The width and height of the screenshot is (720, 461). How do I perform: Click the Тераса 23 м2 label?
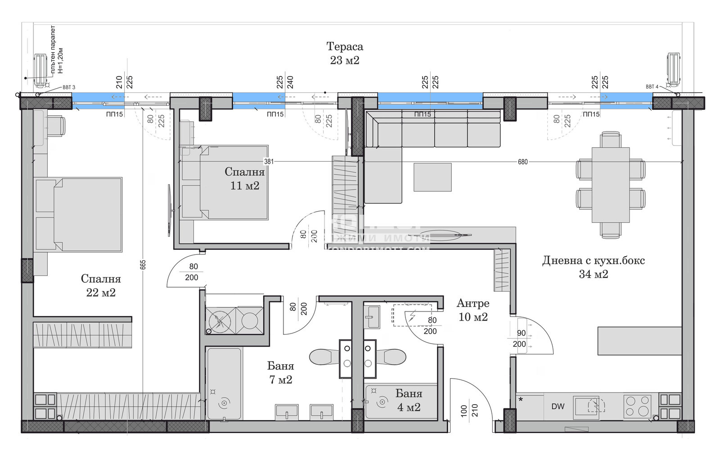pyautogui.click(x=345, y=53)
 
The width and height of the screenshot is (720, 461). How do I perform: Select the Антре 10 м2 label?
pyautogui.click(x=473, y=310)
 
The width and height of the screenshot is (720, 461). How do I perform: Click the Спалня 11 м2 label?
pyautogui.click(x=244, y=178)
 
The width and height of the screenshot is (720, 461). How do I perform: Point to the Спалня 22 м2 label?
pyautogui.click(x=101, y=285)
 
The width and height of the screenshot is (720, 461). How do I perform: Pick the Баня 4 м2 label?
pyautogui.click(x=409, y=400)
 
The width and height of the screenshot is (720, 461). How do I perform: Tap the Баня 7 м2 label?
pyautogui.click(x=281, y=373)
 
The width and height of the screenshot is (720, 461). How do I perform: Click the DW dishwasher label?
pyautogui.click(x=558, y=407)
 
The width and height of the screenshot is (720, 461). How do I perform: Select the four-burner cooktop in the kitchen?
pyautogui.click(x=637, y=406)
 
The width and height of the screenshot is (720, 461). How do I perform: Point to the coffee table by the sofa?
pyautogui.click(x=432, y=177)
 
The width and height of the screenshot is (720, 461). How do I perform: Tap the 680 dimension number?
pyautogui.click(x=522, y=162)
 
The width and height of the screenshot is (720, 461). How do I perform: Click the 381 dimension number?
pyautogui.click(x=269, y=162)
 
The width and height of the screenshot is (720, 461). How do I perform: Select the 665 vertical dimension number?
pyautogui.click(x=143, y=265)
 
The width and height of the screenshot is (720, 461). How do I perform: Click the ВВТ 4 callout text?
pyautogui.click(x=652, y=87)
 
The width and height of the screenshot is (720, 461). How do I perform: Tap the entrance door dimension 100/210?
pyautogui.click(x=469, y=410)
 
